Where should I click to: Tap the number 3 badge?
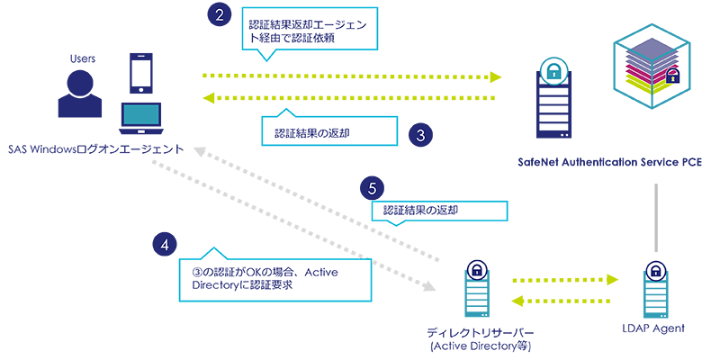pos(419,135)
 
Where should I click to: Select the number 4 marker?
pos(164,244)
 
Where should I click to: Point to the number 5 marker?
pos(372,190)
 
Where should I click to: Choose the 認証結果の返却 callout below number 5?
pos(438,211)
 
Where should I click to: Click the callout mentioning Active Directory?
pos(275,279)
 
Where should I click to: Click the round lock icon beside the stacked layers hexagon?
pos(552,72)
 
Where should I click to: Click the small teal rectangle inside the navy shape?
pos(140,114)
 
